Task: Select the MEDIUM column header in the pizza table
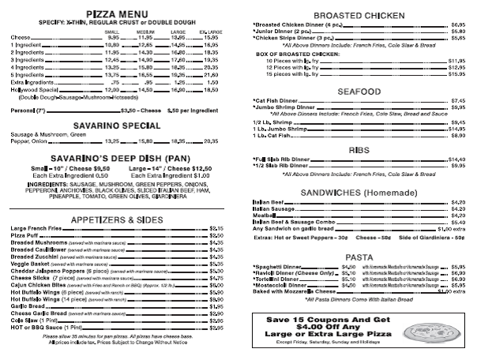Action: (x=145, y=31)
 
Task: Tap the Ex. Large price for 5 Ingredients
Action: (x=211, y=74)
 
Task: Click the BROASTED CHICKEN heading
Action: (x=354, y=16)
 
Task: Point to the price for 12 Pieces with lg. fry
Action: (x=456, y=67)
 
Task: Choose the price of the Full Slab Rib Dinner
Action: (x=456, y=159)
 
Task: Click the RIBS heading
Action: (x=354, y=148)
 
